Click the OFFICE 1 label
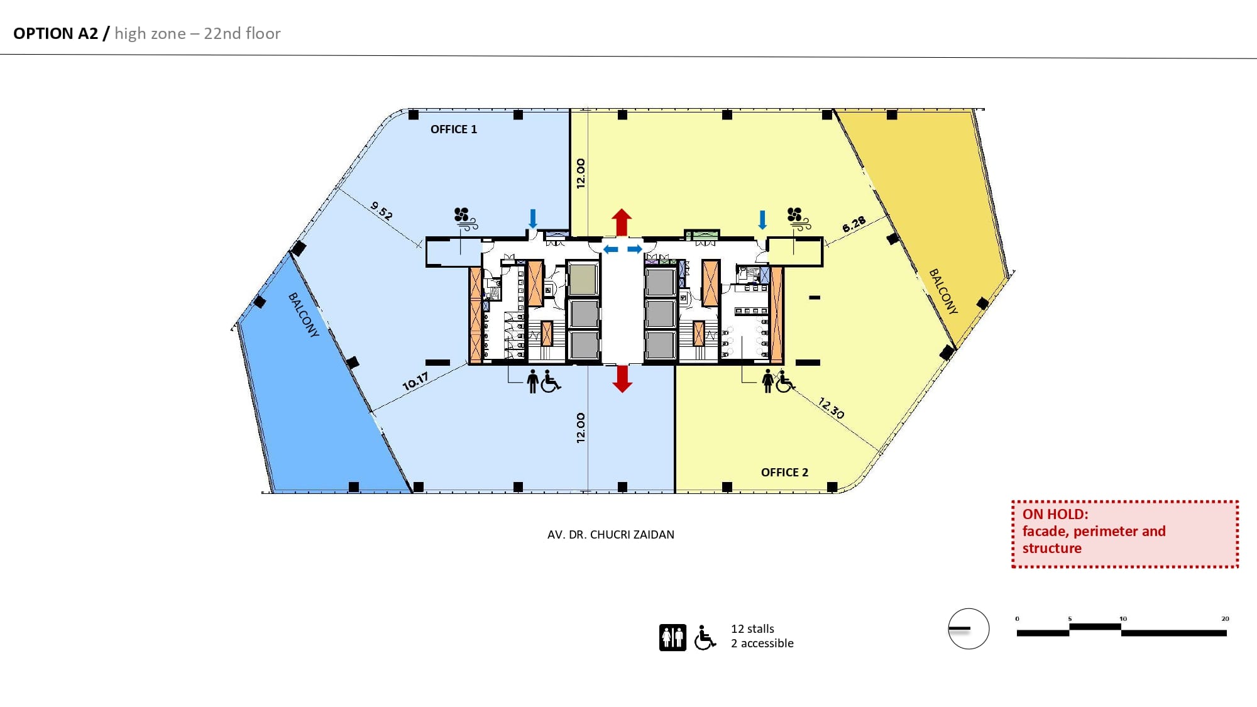454,129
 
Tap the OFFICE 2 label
784,473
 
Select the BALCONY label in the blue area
304,315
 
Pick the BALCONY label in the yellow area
944,292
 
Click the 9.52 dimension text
381,211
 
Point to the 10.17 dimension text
415,381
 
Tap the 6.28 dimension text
854,224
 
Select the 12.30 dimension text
831,408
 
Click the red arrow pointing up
622,222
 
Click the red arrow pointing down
622,379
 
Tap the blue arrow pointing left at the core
610,249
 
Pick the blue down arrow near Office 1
533,219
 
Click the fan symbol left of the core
466,219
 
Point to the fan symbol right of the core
799,219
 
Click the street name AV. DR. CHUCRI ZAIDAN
611,535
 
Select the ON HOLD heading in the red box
1055,514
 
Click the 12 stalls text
752,629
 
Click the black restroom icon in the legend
672,638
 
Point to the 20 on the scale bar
1225,619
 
